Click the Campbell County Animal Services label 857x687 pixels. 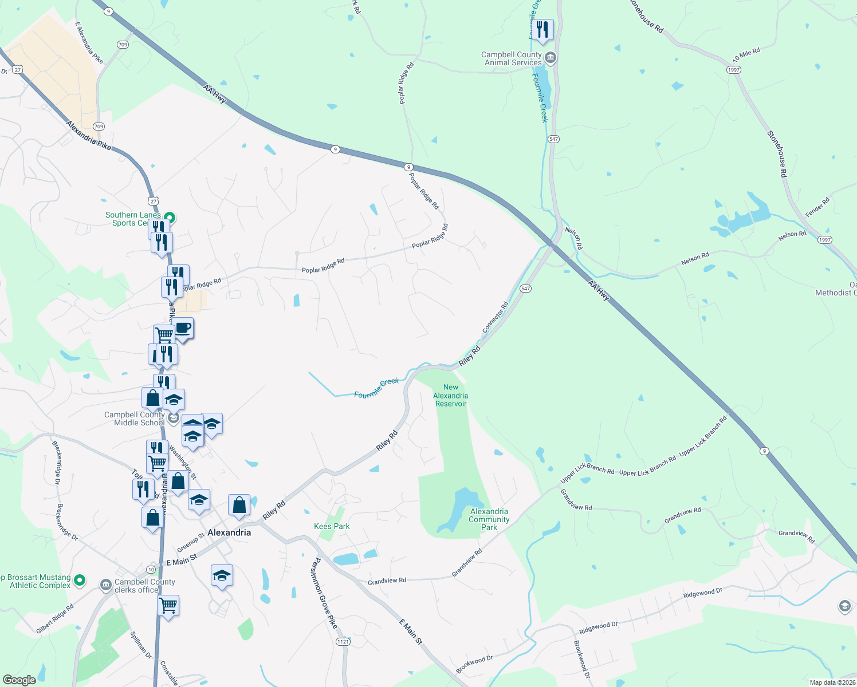click(x=512, y=58)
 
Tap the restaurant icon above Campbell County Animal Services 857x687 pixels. click(x=542, y=29)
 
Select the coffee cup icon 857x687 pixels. click(x=183, y=329)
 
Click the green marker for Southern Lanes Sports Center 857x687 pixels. click(x=170, y=218)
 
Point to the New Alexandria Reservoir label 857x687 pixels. click(x=451, y=396)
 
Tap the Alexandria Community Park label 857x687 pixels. click(x=489, y=519)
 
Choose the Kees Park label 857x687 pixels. click(x=332, y=526)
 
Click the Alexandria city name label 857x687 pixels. click(x=229, y=532)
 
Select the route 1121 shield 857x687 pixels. click(x=343, y=642)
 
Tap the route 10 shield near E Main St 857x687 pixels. click(x=151, y=569)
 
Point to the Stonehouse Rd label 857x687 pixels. click(x=777, y=153)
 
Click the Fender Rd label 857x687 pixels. click(x=817, y=207)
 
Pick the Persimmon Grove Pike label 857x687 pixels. click(x=324, y=593)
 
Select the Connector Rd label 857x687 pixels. click(x=496, y=317)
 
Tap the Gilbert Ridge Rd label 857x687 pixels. click(x=55, y=619)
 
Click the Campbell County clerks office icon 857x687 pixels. click(x=105, y=585)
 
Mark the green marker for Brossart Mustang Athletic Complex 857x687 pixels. click(x=80, y=581)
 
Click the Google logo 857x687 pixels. click(x=19, y=680)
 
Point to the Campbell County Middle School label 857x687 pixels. click(x=135, y=418)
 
